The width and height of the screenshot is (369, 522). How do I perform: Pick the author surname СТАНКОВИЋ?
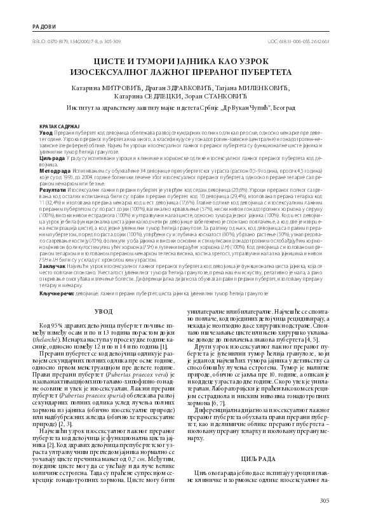236,89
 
